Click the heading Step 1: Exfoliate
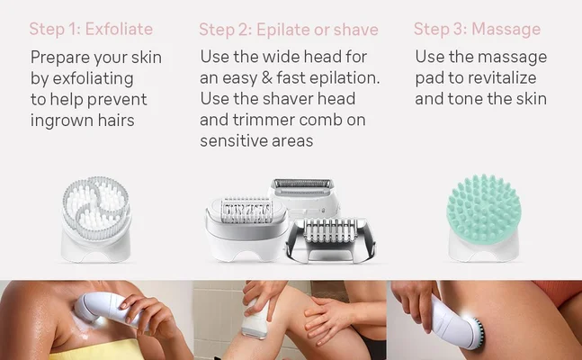click(x=91, y=29)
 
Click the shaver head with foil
click(x=302, y=192)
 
